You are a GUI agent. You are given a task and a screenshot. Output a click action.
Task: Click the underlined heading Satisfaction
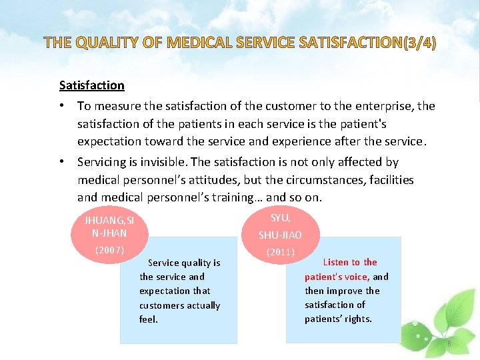tap(91, 85)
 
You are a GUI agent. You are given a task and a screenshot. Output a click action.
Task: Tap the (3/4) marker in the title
tap(419, 44)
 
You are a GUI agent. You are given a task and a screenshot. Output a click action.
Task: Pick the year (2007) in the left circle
tap(109, 250)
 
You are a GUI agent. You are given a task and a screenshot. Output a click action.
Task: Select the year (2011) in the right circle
tap(281, 253)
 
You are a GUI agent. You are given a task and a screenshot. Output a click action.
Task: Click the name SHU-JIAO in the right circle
tap(280, 235)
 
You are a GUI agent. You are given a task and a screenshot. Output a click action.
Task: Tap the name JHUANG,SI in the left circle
tap(109, 221)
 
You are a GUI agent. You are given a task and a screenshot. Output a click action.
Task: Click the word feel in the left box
tap(148, 319)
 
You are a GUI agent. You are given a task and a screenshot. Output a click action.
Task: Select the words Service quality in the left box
tap(184, 263)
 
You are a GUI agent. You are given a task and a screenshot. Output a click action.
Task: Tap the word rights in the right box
tap(359, 319)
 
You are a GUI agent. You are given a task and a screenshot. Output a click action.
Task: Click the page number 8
tap(449, 343)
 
